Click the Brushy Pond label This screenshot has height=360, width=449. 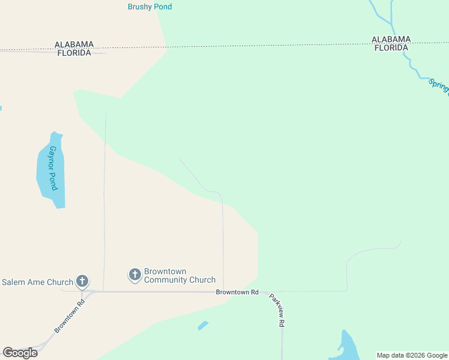coord(149,7)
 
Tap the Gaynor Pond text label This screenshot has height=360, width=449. coord(53,168)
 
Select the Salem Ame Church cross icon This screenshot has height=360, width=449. coord(82,281)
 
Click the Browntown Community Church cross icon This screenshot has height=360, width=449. coord(135,275)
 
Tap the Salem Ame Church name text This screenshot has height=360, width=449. coord(37,282)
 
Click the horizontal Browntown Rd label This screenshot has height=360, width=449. coord(237,292)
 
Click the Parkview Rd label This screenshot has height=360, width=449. coord(276,310)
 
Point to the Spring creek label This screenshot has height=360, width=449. coord(439,86)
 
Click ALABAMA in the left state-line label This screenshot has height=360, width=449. coord(74,44)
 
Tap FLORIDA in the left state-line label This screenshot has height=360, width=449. coord(74,53)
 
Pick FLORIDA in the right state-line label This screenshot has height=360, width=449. coord(392,48)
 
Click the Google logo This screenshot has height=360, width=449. coord(20,353)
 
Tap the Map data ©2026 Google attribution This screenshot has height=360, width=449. coord(412,355)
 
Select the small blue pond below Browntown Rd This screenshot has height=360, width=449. coord(203,326)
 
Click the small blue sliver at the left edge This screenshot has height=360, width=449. coord(1,109)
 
